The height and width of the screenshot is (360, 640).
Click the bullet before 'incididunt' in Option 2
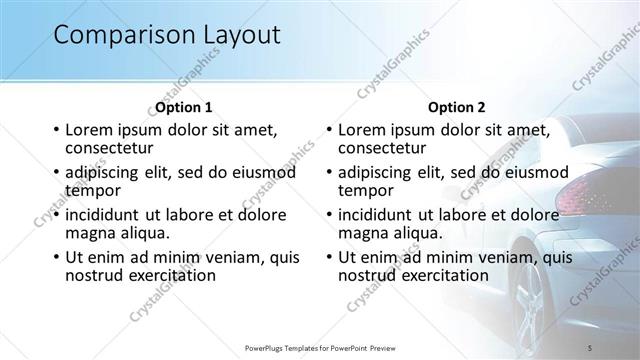328,215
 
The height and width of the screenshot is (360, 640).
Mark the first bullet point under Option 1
55,130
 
